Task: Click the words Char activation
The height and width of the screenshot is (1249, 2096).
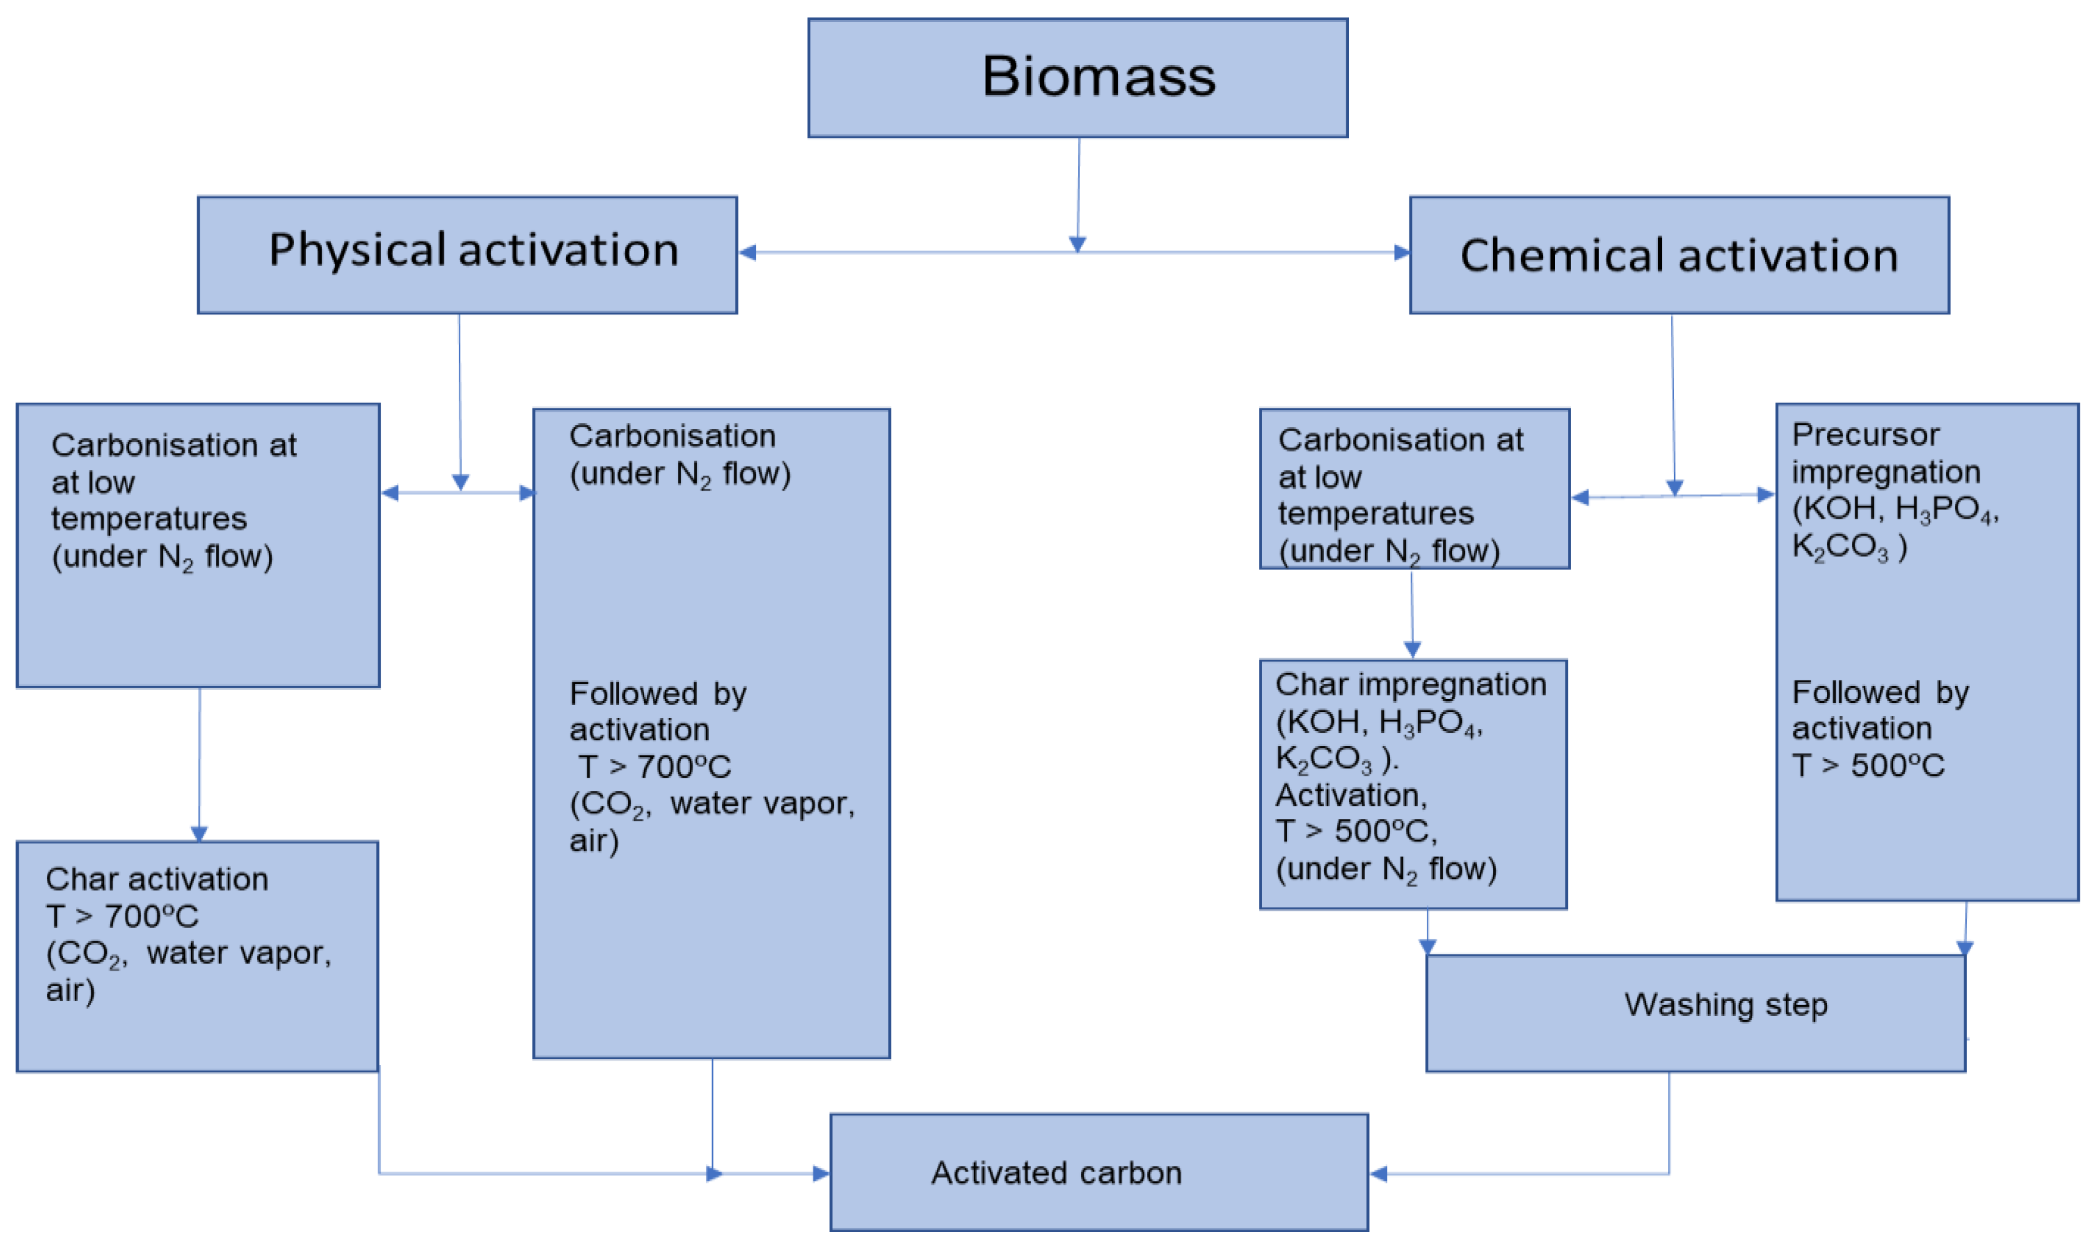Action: tap(157, 879)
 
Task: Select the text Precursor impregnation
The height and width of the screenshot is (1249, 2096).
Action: tap(1885, 453)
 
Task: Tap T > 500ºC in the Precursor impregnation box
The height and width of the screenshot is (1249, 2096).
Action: tap(1868, 765)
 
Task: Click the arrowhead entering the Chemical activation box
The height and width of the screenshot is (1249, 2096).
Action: tap(1401, 253)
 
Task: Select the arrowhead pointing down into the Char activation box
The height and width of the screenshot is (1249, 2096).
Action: tap(199, 833)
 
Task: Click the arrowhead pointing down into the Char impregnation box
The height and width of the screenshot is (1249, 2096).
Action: tap(1413, 649)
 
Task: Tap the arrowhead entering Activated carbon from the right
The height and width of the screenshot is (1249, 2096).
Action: tap(1378, 1173)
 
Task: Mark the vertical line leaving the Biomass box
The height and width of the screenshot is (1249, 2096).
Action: tap(1079, 189)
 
